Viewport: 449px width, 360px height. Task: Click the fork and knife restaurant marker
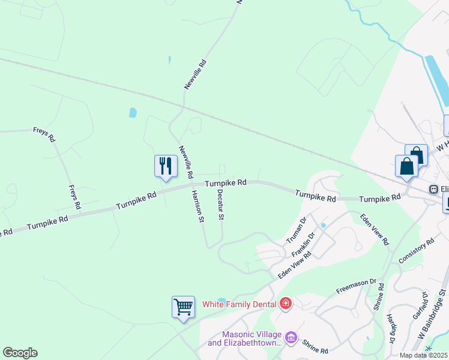166,166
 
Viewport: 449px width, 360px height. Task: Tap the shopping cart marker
183,307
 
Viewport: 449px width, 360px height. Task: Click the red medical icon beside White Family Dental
286,303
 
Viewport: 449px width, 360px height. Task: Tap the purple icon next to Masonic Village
291,338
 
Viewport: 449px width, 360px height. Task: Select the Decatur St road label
220,204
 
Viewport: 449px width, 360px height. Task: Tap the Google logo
20,353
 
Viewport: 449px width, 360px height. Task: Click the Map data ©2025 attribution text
424,355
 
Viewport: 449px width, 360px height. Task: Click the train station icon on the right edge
433,189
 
